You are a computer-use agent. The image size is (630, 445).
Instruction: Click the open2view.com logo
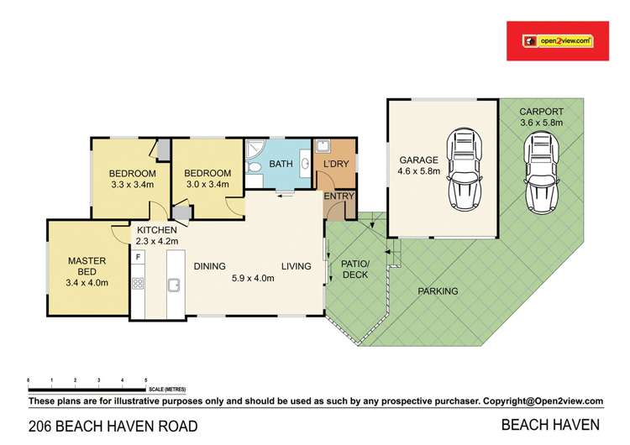pos(558,39)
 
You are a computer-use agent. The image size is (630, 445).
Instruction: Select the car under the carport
pos(539,174)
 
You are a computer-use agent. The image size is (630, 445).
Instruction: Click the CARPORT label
pos(540,111)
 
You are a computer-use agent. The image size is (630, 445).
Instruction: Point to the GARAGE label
pos(418,160)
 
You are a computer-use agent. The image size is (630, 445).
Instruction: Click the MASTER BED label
pos(87,261)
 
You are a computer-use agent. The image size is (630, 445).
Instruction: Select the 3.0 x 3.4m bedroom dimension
pos(206,185)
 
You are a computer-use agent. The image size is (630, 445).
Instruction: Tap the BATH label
pos(278,165)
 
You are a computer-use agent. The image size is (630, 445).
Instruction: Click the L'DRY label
pos(335,165)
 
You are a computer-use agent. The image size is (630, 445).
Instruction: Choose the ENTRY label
pos(340,196)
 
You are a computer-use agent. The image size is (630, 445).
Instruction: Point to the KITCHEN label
pos(157,230)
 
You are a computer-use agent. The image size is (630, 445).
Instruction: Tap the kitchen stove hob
pos(138,284)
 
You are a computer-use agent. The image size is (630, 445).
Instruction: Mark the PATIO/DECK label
pos(354,268)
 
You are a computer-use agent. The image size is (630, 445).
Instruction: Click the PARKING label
pos(438,291)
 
